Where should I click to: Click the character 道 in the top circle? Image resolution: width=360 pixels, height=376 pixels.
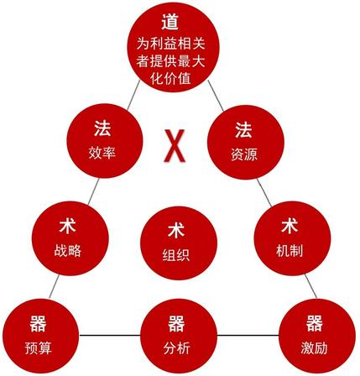click(170, 22)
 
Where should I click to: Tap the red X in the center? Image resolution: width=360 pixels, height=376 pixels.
click(175, 146)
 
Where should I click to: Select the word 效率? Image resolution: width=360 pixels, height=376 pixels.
click(102, 153)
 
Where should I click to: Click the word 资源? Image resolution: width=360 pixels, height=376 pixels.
click(244, 154)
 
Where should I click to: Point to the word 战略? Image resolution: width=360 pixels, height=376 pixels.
click(67, 250)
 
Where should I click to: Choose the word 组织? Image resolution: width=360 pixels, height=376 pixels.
click(176, 254)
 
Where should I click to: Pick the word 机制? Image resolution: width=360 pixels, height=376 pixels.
click(290, 250)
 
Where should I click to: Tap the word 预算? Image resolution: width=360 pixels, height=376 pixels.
click(39, 348)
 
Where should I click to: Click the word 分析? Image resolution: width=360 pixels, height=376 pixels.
click(177, 348)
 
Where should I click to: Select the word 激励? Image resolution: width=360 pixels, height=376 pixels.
click(314, 348)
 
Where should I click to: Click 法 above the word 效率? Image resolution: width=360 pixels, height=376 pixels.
click(102, 128)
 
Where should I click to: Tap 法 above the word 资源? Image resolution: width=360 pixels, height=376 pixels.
click(243, 130)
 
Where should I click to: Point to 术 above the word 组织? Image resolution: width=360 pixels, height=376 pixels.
click(176, 230)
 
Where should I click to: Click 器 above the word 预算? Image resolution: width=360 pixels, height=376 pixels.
click(38, 323)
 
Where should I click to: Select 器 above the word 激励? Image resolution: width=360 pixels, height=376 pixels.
click(315, 323)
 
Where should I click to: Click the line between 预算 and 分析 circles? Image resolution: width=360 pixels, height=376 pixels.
click(110, 335)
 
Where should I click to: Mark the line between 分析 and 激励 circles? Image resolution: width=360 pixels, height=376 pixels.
click(248, 335)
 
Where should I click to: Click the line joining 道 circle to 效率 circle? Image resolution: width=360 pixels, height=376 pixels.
click(133, 95)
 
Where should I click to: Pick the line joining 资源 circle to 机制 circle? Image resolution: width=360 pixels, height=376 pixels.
click(264, 192)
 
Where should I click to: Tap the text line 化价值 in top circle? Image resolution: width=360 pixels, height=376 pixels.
click(170, 78)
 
